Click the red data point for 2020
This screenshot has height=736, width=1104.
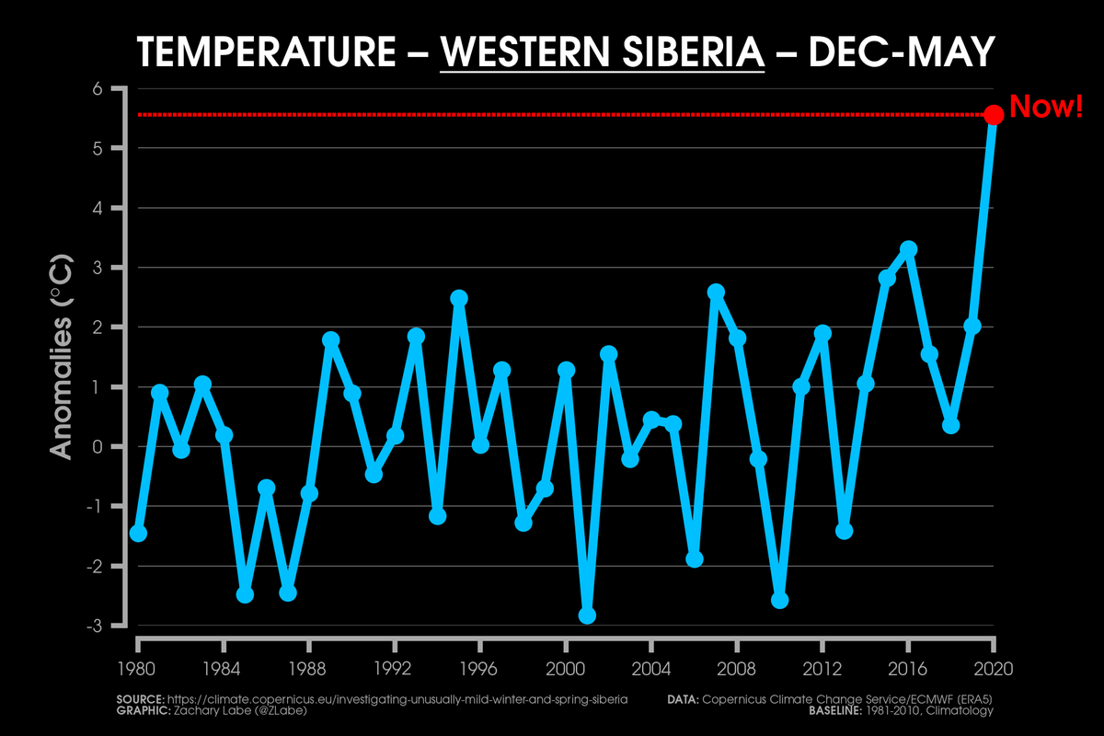994,115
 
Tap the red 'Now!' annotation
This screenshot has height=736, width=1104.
1047,107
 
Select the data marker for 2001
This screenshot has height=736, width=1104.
587,615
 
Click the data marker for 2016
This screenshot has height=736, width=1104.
908,249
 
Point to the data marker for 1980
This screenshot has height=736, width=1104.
138,534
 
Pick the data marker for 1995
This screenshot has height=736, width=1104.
459,298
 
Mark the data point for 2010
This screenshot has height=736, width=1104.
779,600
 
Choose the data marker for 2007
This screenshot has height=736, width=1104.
716,293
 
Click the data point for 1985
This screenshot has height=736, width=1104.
245,594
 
